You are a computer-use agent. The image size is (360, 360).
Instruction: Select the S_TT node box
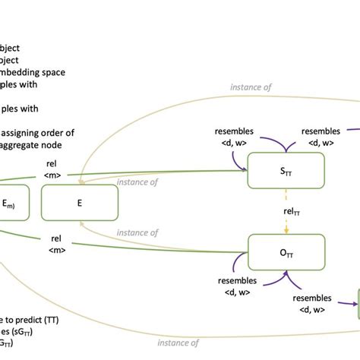286,171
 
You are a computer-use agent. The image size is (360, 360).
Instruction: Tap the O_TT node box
287,253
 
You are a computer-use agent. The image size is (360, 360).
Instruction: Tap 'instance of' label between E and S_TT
138,182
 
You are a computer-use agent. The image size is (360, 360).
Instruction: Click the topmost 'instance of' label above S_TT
252,87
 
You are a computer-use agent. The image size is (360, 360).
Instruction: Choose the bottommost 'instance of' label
178,343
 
